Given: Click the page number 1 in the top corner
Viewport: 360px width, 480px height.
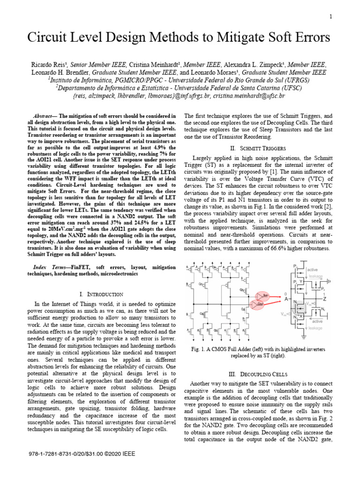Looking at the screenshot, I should (x=331, y=17).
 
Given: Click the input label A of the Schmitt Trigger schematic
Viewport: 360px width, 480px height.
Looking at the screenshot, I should (x=285, y=299).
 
